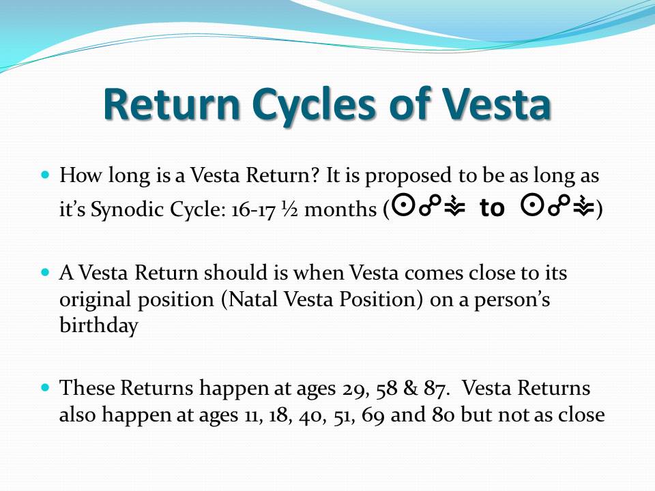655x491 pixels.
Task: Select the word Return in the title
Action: (x=172, y=104)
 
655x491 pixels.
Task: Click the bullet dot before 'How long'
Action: (x=46, y=174)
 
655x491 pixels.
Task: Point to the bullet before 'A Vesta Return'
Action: (x=46, y=272)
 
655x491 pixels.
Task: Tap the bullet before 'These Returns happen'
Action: (x=46, y=387)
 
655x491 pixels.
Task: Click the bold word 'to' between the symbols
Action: (x=492, y=207)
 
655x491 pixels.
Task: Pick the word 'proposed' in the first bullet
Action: (x=408, y=176)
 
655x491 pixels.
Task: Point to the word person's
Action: (x=512, y=300)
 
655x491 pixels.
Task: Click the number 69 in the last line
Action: (x=373, y=415)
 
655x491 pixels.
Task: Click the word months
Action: (x=340, y=209)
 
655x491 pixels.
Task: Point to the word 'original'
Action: (x=95, y=300)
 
